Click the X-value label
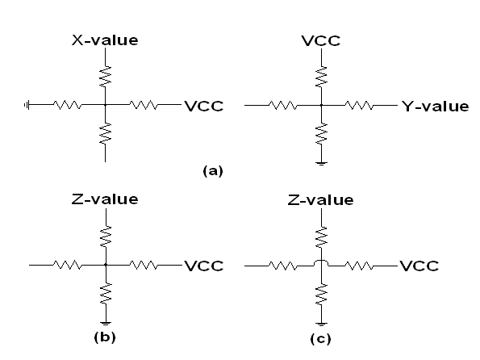pos(105,40)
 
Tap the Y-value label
pos(436,107)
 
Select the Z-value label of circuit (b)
pos(105,199)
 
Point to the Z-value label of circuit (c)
pos(321,200)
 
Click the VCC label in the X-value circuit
pos(204,107)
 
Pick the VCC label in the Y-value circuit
pos(321,40)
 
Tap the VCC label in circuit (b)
pos(204,266)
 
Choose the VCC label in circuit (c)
pos(419,266)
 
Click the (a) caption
pos(213,170)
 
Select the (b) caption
pos(105,337)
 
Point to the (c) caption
pos(320,339)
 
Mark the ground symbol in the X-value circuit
pos(27,105)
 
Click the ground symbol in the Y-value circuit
pos(321,164)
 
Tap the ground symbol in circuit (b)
pos(106,324)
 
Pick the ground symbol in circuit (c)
pos(321,324)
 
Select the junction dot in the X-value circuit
pos(106,105)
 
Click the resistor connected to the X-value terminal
pos(106,77)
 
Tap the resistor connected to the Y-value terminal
pos(359,106)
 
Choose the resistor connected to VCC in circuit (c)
pos(359,266)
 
